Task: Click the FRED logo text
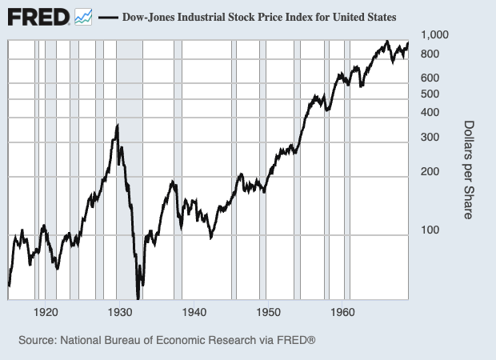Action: tap(38, 16)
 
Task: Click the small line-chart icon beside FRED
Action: tap(83, 16)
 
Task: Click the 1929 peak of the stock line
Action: tap(118, 126)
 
